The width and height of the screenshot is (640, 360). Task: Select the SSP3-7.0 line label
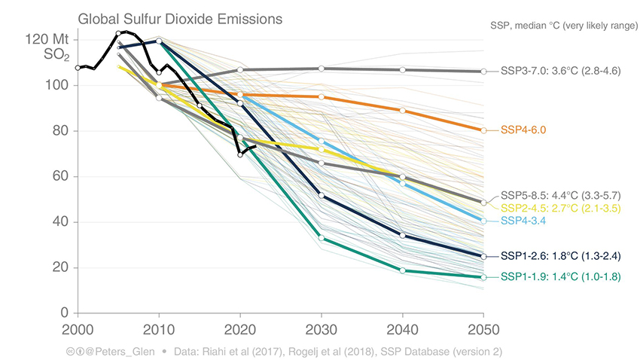point(560,72)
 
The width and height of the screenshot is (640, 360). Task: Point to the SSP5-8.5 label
point(560,195)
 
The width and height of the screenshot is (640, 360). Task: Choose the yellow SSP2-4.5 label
point(560,208)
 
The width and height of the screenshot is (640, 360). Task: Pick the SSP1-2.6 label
point(560,256)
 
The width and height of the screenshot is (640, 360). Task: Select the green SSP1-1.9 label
point(560,277)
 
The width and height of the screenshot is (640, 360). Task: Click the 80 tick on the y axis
point(62,131)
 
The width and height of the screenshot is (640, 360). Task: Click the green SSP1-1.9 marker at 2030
point(322,238)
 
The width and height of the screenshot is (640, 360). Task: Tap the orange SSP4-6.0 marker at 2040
point(403,111)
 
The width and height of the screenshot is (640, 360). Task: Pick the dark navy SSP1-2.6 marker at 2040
point(403,236)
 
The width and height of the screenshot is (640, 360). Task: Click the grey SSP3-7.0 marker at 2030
point(322,69)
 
